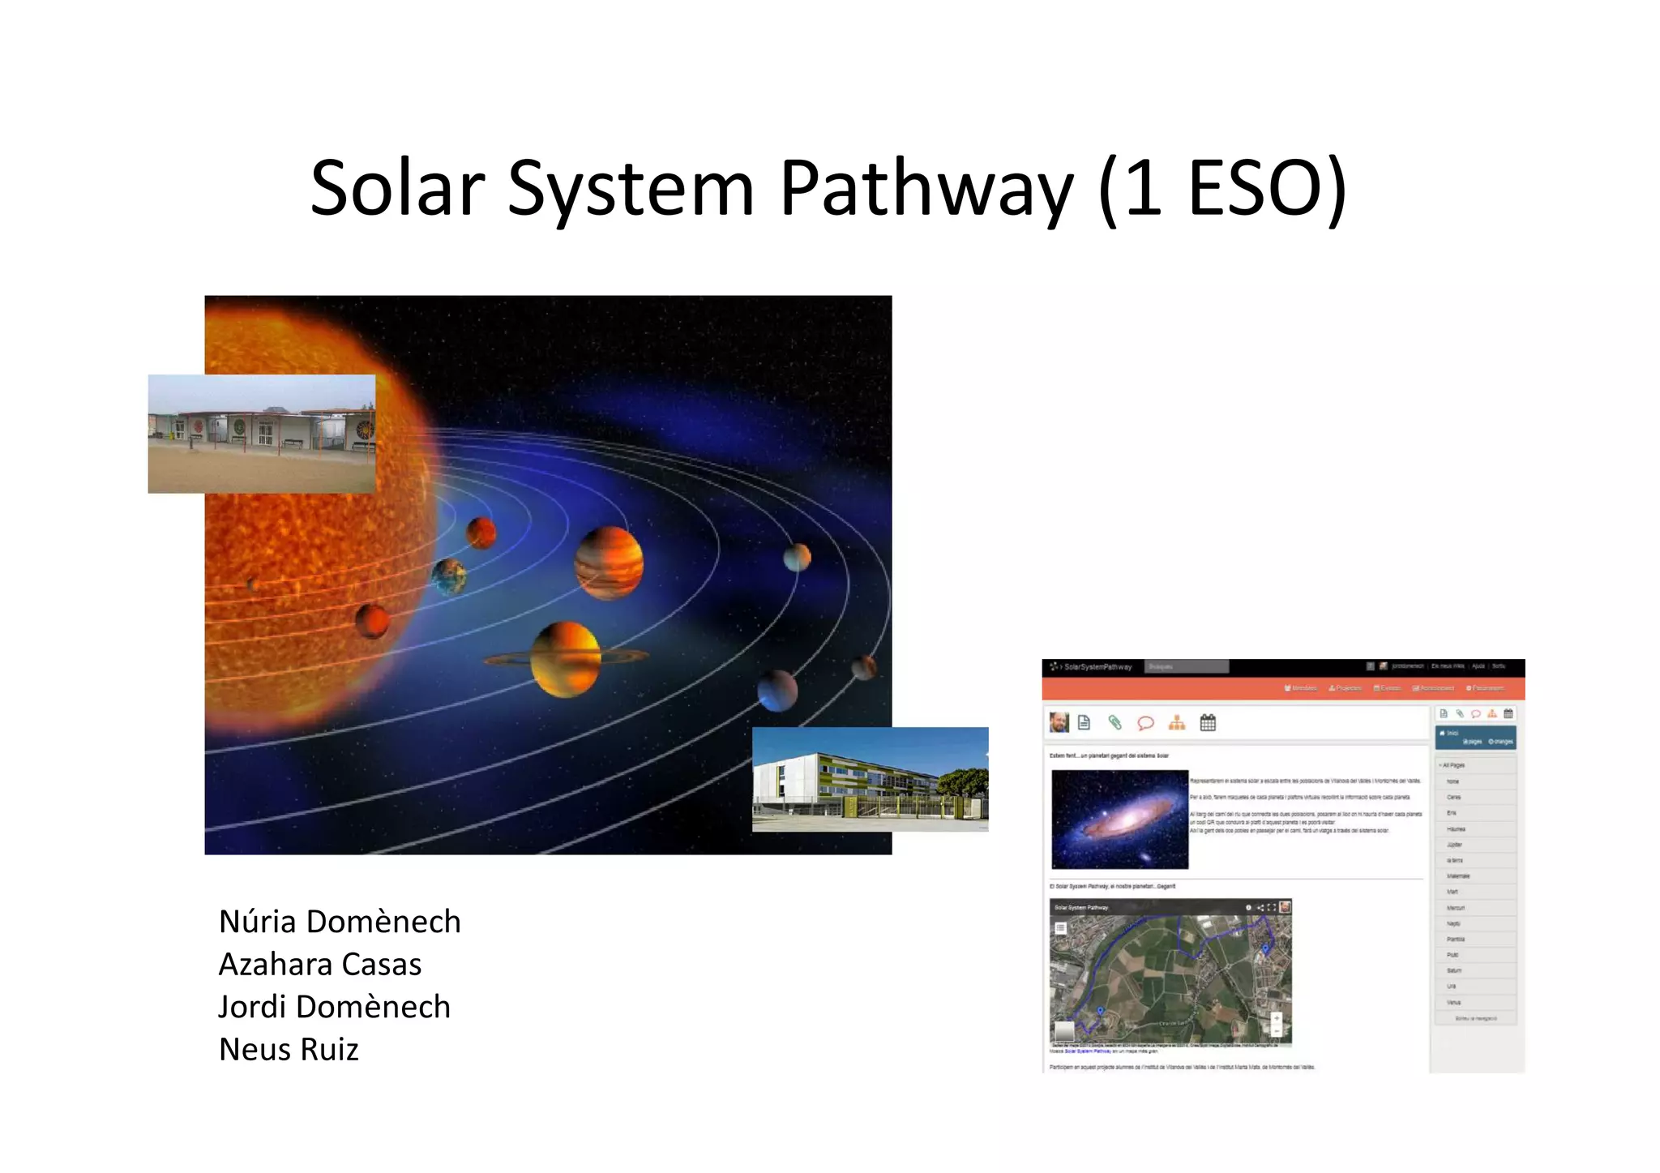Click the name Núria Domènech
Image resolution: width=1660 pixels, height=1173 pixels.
pyautogui.click(x=340, y=922)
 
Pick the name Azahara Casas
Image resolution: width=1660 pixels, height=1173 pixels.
pyautogui.click(x=320, y=965)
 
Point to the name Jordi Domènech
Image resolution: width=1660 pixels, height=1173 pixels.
pyautogui.click(x=334, y=1007)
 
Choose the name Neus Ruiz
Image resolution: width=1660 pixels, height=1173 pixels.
pyautogui.click(x=289, y=1050)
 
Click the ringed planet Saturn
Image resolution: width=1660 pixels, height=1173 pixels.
pyautogui.click(x=566, y=658)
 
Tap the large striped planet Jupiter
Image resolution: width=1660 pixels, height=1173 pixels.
pyautogui.click(x=609, y=563)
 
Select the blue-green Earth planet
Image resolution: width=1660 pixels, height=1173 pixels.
pyautogui.click(x=449, y=576)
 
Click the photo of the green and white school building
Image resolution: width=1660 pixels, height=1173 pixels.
pyautogui.click(x=870, y=779)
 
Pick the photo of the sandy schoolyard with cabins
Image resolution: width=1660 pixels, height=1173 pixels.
pyautogui.click(x=261, y=434)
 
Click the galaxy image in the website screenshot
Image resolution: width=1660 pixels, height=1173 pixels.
pyautogui.click(x=1119, y=819)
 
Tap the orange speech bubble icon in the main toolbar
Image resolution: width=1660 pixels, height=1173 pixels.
pyautogui.click(x=1145, y=722)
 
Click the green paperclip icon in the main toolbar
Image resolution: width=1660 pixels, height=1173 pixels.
pyautogui.click(x=1115, y=722)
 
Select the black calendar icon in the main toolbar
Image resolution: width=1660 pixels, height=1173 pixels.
pyautogui.click(x=1208, y=722)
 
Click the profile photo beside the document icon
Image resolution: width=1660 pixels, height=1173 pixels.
pyautogui.click(x=1059, y=721)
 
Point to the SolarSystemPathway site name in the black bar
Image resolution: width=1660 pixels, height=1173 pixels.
pyautogui.click(x=1097, y=667)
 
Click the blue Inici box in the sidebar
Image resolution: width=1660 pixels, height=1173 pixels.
pyautogui.click(x=1475, y=737)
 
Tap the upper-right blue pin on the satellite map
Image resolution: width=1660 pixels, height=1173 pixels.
pyautogui.click(x=1266, y=948)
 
